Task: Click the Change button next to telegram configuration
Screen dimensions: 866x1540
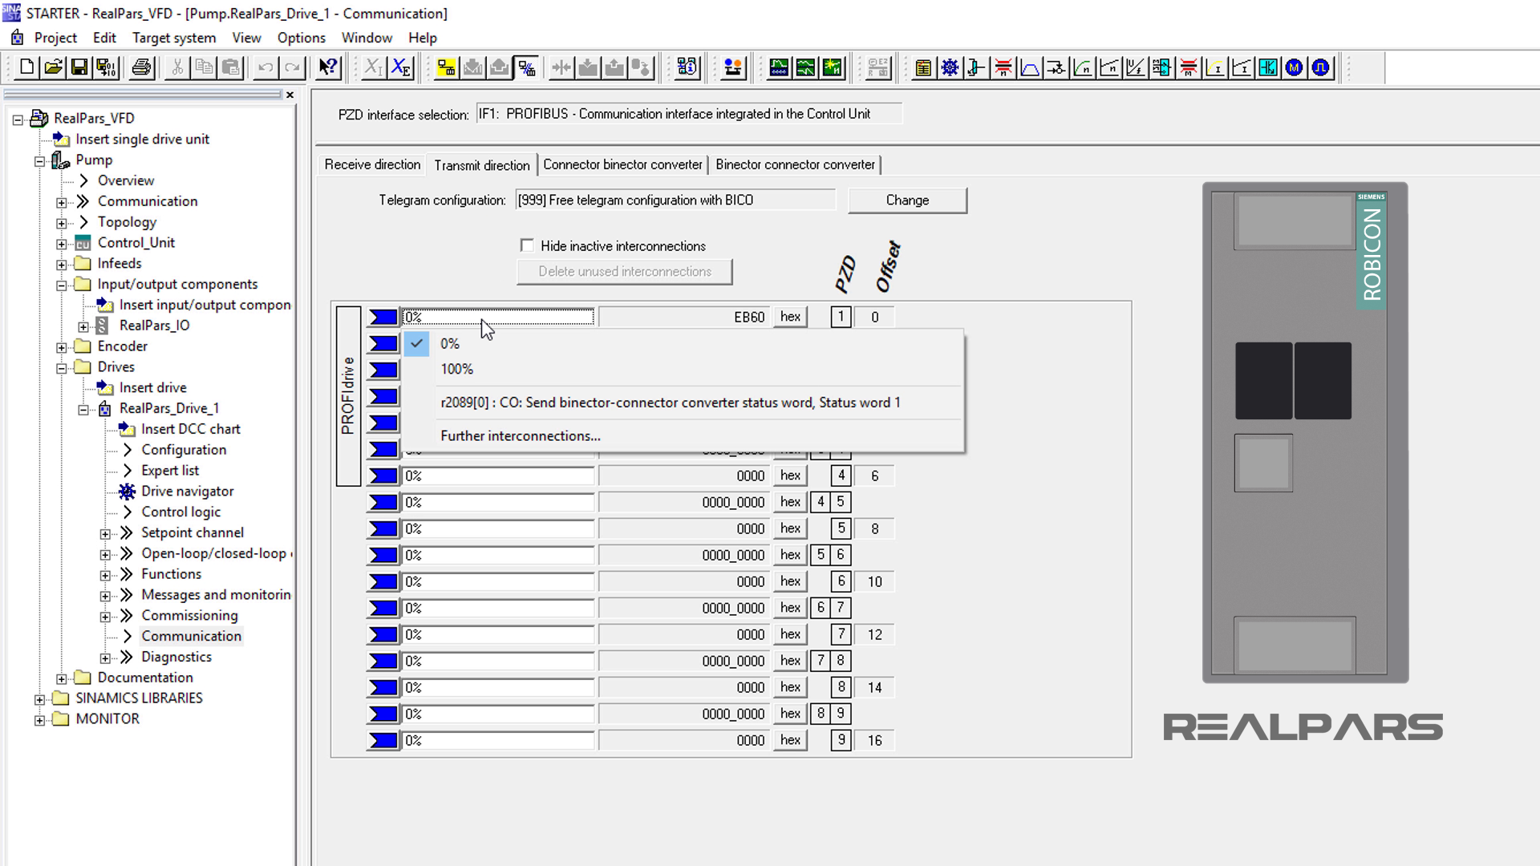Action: pos(907,200)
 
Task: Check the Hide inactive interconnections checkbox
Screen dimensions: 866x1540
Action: pos(527,245)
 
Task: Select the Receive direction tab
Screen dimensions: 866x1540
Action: pos(372,164)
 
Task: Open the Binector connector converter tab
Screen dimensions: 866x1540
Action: pos(795,164)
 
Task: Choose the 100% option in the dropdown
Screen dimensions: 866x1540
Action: pos(456,369)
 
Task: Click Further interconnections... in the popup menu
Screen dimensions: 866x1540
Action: pos(520,435)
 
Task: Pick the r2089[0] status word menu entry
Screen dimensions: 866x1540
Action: pos(670,403)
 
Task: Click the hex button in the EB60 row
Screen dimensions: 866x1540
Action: pos(790,317)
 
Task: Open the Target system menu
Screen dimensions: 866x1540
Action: pos(173,38)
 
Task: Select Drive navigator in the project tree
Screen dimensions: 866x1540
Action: pos(187,491)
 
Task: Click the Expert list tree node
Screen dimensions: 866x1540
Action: pos(170,470)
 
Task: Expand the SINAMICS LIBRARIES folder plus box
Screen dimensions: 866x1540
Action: pos(39,698)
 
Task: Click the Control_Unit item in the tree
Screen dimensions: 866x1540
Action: pos(136,242)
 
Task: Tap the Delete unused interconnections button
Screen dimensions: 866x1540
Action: pos(624,271)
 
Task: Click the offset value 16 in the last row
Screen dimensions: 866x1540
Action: pos(874,740)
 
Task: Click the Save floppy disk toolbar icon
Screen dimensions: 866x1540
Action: pos(79,67)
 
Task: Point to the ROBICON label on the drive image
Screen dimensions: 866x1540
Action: pos(1372,254)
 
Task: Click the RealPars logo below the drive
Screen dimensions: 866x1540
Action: pos(1303,727)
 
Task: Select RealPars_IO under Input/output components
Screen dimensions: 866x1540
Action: pos(154,325)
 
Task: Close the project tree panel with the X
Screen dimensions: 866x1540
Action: pos(290,95)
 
